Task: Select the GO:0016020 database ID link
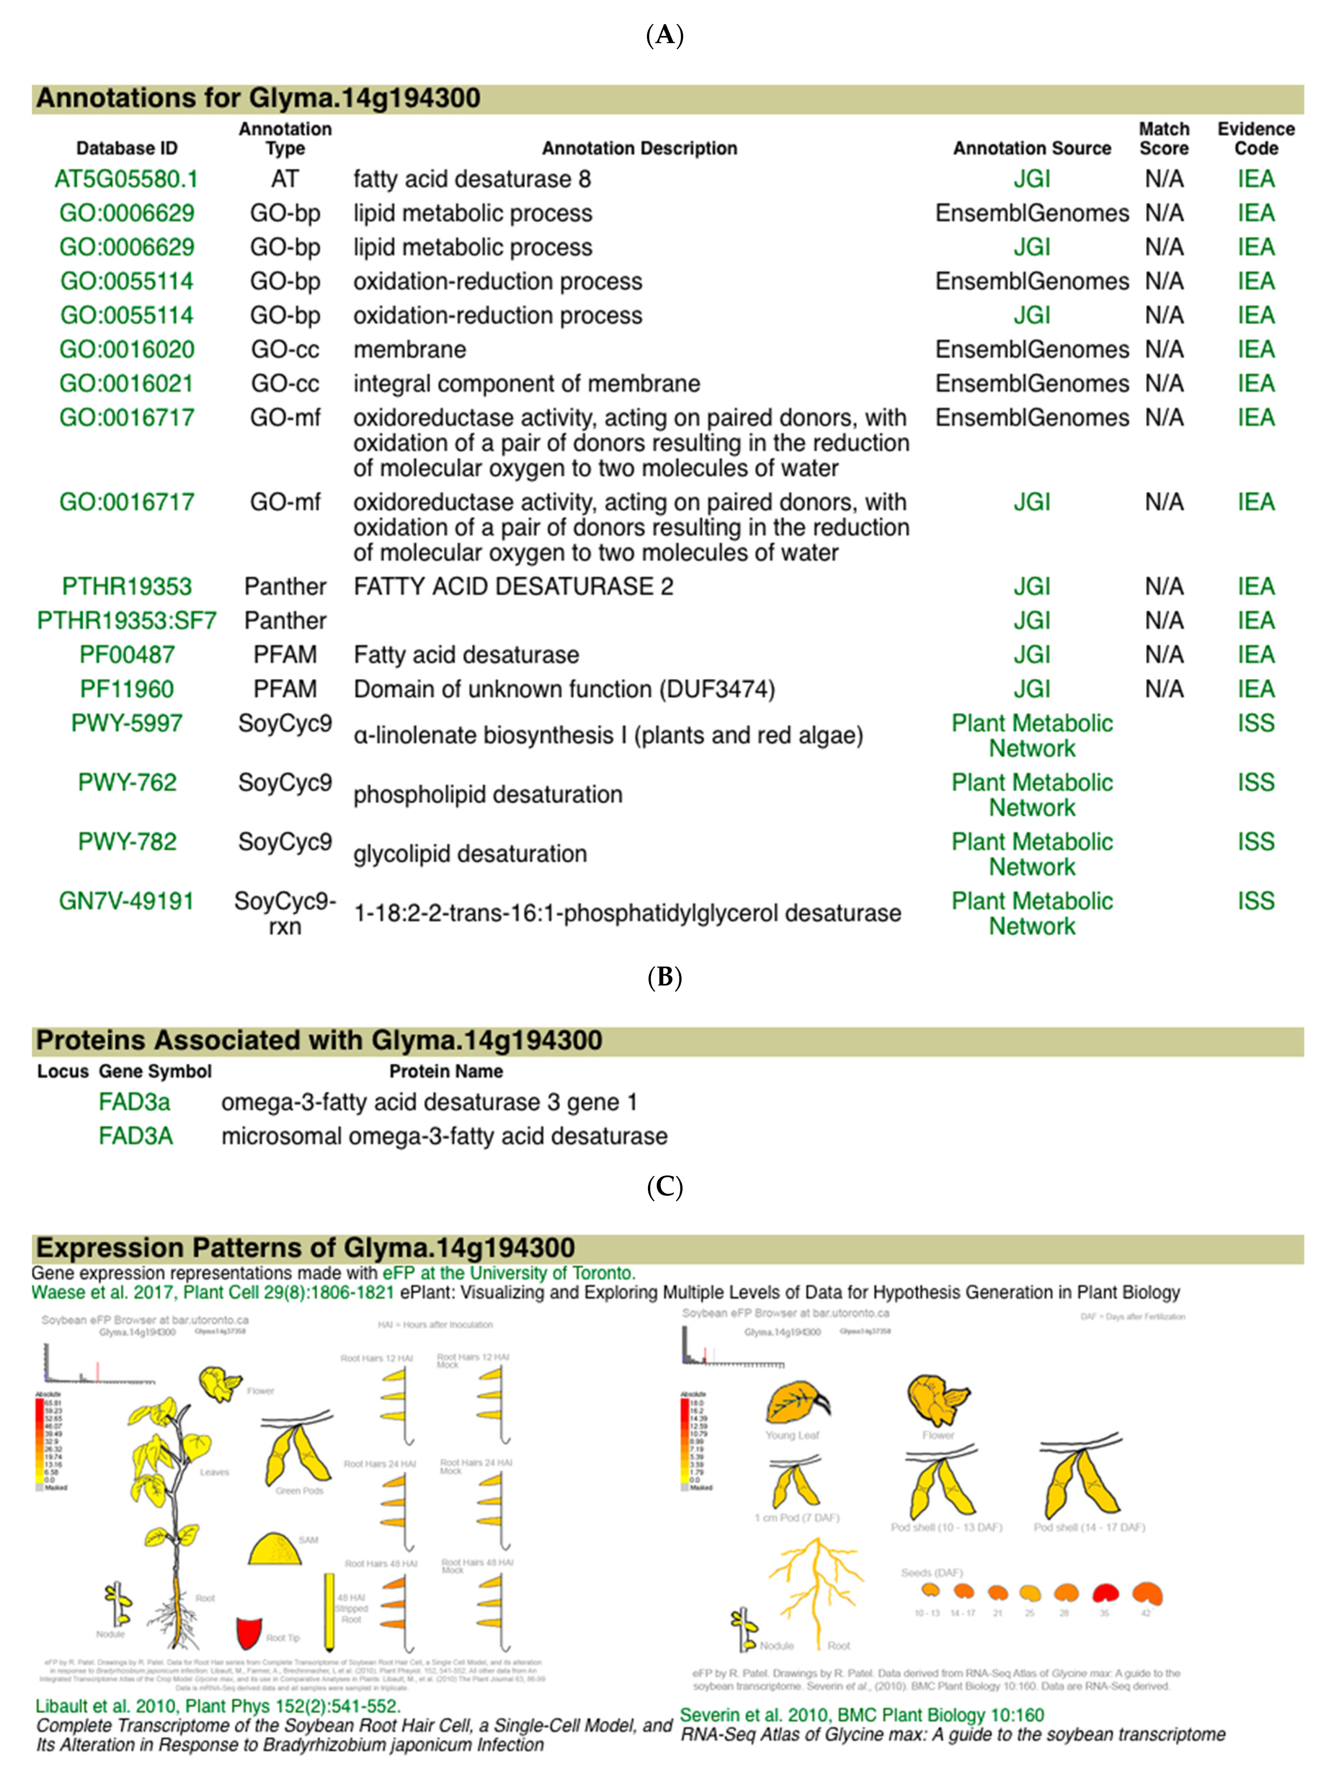click(126, 350)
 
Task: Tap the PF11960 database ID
click(126, 689)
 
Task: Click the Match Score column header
click(1163, 139)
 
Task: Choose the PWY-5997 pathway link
click(126, 723)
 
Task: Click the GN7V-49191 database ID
click(126, 901)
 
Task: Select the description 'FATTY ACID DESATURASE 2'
click(513, 587)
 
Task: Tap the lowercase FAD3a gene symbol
click(134, 1102)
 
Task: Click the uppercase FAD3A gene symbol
click(136, 1136)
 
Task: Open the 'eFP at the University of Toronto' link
click(508, 1274)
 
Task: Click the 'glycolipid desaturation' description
click(470, 854)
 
